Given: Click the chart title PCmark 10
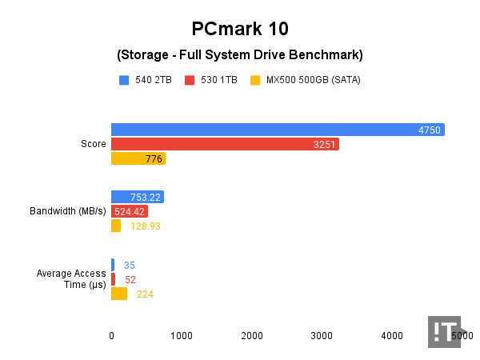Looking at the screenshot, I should tap(240, 30).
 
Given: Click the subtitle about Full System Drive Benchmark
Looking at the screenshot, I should tap(240, 55).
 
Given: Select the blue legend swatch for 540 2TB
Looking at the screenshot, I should tap(124, 80).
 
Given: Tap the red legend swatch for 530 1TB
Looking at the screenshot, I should tap(190, 80).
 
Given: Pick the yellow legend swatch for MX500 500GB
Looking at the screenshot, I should tap(256, 80).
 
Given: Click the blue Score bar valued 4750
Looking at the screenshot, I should tap(277, 130).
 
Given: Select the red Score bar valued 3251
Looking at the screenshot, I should tap(225, 144).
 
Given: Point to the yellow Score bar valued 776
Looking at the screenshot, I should tap(138, 158).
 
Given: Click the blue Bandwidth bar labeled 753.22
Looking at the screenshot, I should tap(137, 197).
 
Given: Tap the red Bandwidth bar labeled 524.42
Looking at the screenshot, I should tap(129, 211).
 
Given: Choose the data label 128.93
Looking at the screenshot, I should tap(146, 226).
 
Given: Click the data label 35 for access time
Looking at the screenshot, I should tap(130, 265).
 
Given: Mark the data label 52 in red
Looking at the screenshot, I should tap(130, 279).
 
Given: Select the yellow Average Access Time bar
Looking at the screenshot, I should tap(118, 294).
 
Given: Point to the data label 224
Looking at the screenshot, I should tap(145, 294).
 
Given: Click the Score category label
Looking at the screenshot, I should tap(94, 144).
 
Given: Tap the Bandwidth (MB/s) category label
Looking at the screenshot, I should tap(67, 211).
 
